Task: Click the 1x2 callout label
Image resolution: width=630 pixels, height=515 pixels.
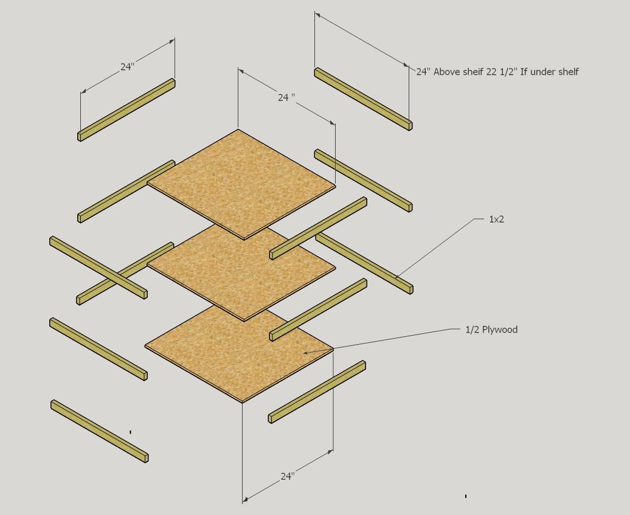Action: pos(496,219)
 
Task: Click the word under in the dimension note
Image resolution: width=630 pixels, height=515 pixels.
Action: pos(541,72)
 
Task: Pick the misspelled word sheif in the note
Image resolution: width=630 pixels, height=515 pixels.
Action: pos(472,72)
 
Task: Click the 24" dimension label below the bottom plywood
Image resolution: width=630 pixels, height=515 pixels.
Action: pos(288,477)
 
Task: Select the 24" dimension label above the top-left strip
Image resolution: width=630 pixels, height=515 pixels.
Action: pos(126,67)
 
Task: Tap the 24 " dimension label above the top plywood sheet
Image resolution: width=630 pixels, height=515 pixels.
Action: pos(286,97)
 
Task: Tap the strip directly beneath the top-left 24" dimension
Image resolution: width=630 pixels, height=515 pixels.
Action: pos(126,109)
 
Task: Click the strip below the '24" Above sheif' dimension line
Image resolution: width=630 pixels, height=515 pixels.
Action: pos(363,99)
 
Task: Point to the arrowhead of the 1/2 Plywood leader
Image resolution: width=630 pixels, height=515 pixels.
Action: pos(306,351)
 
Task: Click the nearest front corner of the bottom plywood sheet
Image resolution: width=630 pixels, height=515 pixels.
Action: pos(243,401)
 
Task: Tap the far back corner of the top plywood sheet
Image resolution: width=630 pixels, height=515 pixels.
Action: pos(238,130)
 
